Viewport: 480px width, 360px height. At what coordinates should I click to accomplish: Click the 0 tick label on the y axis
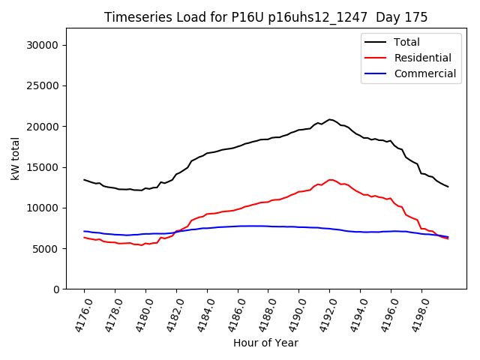pyautogui.click(x=57, y=289)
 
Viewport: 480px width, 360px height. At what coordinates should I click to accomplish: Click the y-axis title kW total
pyautogui.click(x=15, y=159)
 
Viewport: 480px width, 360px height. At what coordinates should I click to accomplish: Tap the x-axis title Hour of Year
pyautogui.click(x=265, y=343)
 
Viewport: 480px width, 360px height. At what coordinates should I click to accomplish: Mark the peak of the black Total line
pyautogui.click(x=329, y=119)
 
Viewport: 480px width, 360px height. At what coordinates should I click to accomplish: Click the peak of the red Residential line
pyautogui.click(x=330, y=179)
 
